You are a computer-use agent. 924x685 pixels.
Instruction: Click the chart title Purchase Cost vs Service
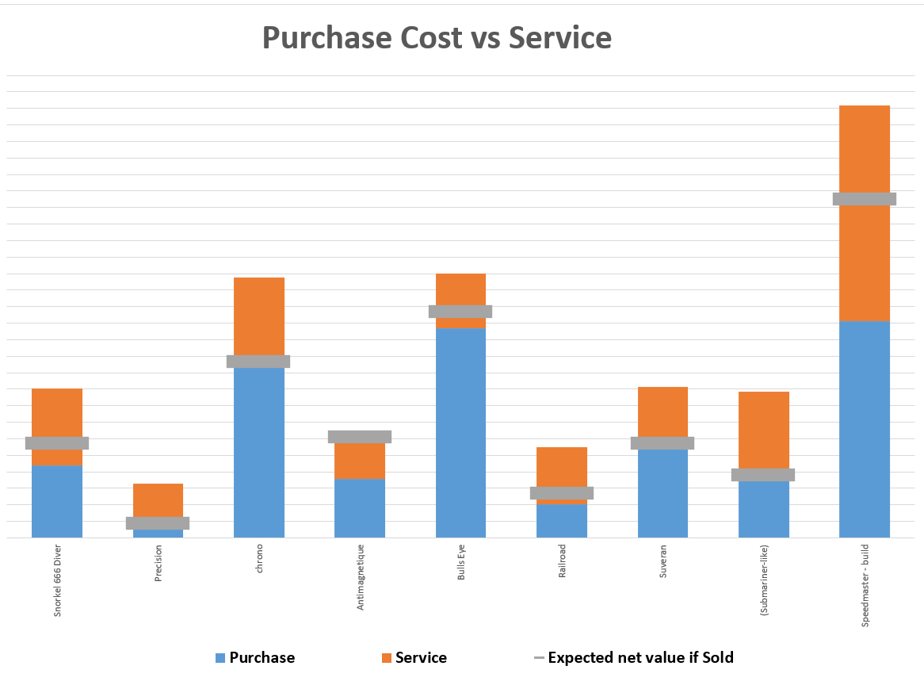click(437, 38)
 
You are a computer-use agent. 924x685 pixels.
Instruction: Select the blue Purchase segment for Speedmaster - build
click(864, 428)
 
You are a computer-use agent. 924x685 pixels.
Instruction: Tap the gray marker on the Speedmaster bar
click(864, 199)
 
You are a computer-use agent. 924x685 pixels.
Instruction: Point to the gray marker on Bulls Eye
click(460, 312)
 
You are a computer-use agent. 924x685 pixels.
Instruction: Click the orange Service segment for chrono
click(258, 315)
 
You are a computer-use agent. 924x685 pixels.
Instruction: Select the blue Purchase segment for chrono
click(258, 452)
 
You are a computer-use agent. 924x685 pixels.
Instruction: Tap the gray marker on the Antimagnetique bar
click(360, 437)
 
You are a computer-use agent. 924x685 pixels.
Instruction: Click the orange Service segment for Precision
click(158, 499)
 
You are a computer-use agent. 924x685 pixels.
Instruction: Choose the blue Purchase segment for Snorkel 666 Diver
click(56, 501)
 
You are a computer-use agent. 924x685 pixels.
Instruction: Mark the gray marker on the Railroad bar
click(562, 493)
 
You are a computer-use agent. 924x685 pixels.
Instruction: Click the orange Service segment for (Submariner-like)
click(763, 429)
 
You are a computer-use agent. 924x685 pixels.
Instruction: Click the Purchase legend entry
click(254, 658)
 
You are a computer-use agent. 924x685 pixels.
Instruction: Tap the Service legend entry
click(413, 658)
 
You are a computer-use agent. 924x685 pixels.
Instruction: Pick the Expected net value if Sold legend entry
click(633, 658)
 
